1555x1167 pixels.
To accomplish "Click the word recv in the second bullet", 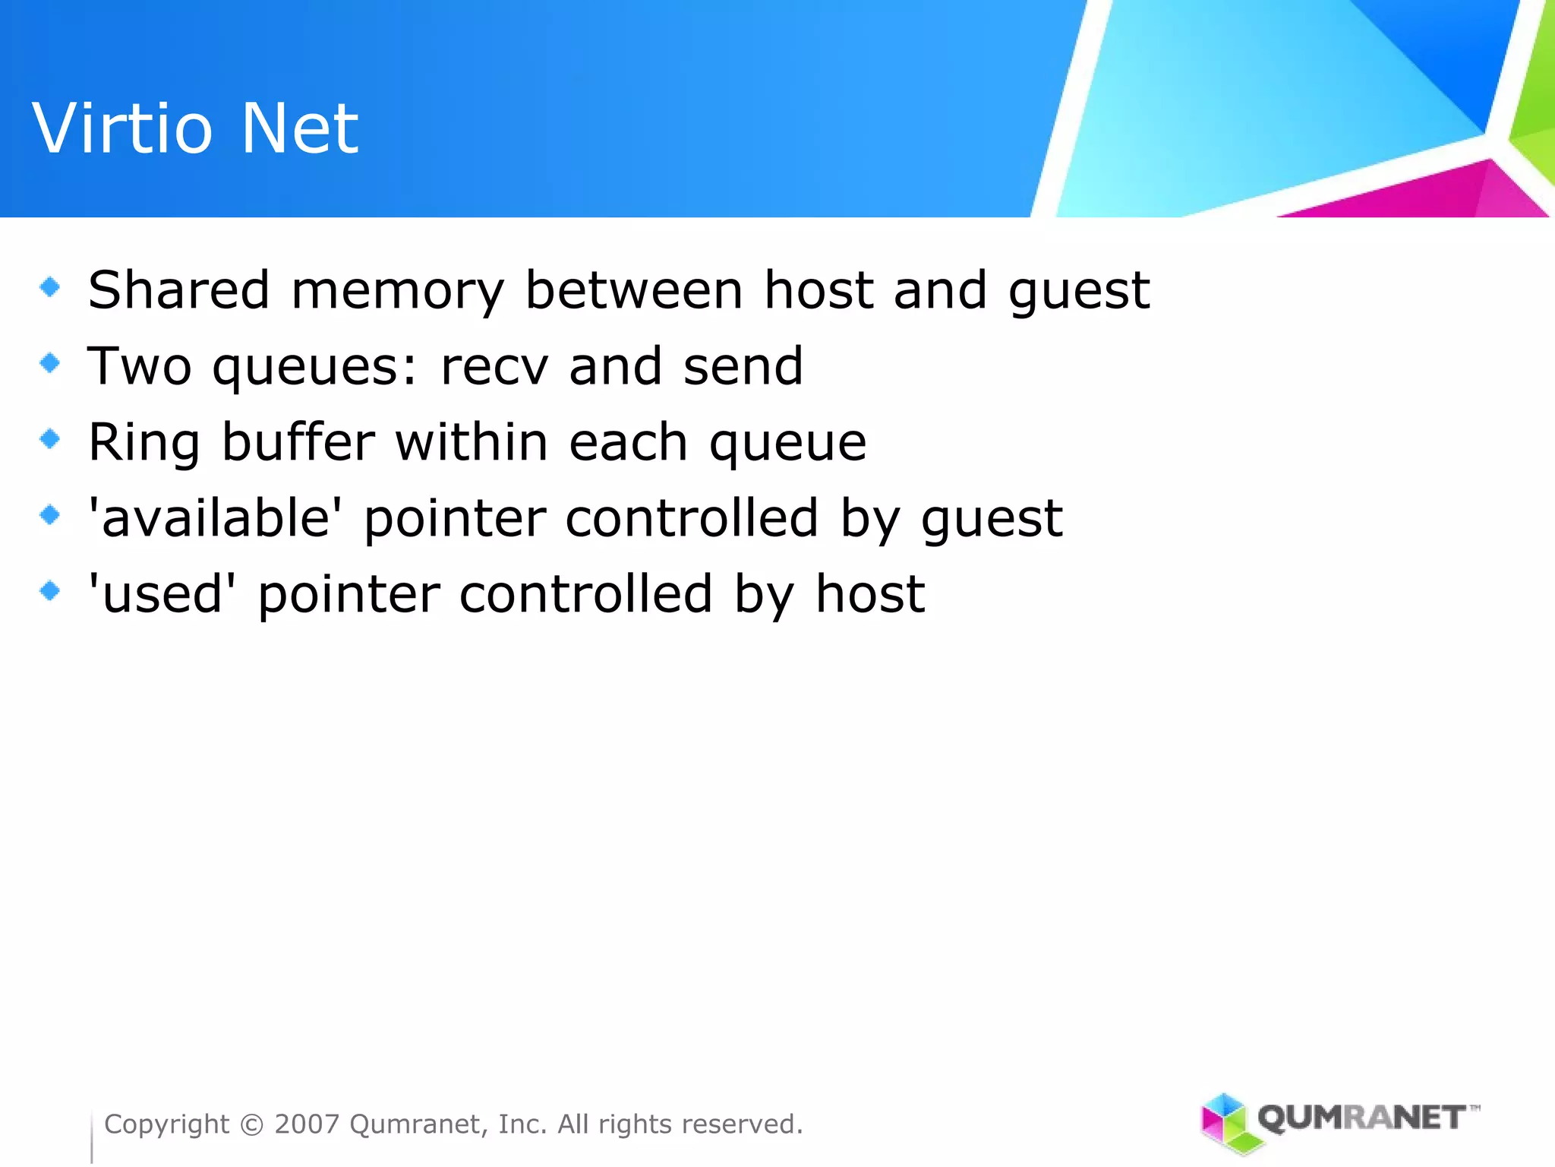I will tap(494, 367).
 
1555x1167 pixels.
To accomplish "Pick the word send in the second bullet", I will tap(743, 365).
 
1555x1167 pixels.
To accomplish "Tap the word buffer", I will tap(298, 441).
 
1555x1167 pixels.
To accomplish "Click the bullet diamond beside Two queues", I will tap(50, 362).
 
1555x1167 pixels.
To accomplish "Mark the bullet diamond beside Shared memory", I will tap(50, 286).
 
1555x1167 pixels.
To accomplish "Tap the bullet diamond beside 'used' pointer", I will tap(50, 590).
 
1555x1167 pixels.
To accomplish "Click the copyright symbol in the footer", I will tap(251, 1124).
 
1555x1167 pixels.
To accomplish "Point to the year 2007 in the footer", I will tap(307, 1124).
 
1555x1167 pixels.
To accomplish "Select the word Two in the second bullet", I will tap(140, 365).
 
